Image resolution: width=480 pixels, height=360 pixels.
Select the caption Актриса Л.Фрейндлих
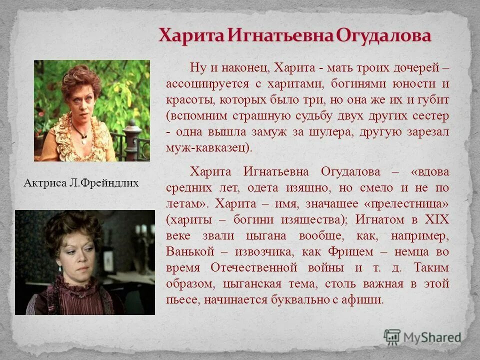click(x=81, y=183)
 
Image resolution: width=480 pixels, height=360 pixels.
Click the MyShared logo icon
click(x=392, y=336)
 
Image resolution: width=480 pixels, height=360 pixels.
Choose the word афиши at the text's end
click(x=367, y=300)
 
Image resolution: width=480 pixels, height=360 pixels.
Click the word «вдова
click(x=429, y=172)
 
